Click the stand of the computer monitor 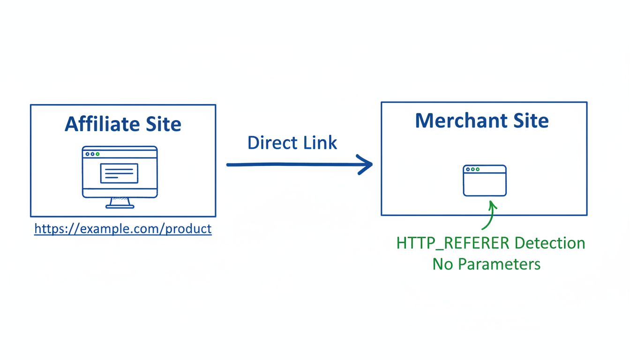point(120,202)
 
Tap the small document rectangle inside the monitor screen point(119,173)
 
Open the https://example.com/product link point(123,229)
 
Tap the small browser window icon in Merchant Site point(485,180)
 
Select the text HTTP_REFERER point(453,243)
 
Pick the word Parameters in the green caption point(499,264)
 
